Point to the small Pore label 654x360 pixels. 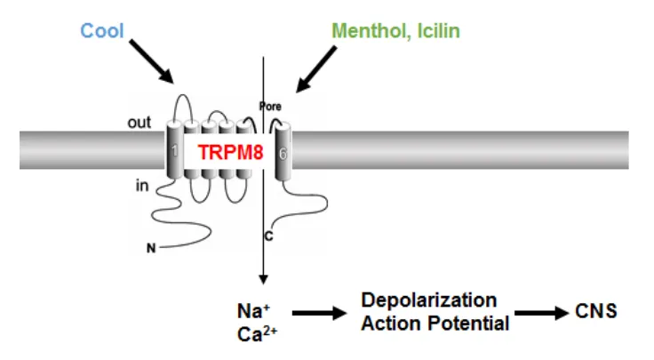pyautogui.click(x=269, y=106)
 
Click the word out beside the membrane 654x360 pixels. pyautogui.click(x=140, y=123)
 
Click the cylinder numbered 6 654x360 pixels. pyautogui.click(x=283, y=152)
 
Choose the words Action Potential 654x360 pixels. pyautogui.click(x=435, y=323)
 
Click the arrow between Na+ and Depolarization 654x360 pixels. pyautogui.click(x=319, y=313)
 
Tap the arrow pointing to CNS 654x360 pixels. pyautogui.click(x=543, y=313)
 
